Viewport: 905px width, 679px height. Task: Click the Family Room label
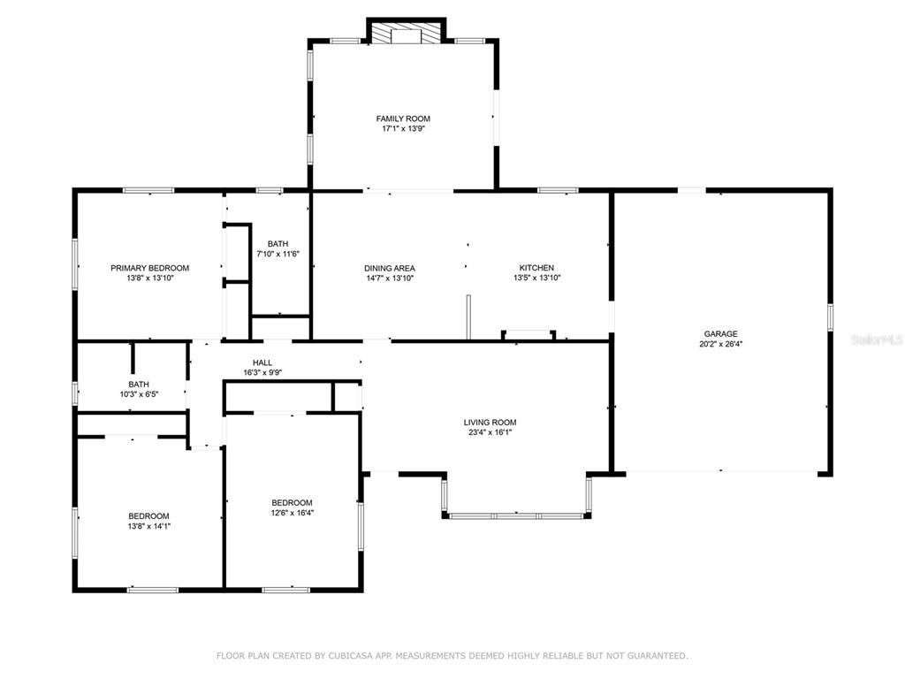click(403, 119)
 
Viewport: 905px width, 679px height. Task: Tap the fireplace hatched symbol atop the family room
click(407, 33)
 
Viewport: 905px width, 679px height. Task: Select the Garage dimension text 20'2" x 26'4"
click(720, 344)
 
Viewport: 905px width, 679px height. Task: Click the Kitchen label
click(536, 268)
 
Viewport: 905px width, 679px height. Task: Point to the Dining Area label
click(390, 269)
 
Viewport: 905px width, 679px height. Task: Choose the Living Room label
click(490, 423)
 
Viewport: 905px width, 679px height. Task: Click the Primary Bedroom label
click(150, 268)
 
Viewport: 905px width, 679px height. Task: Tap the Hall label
click(262, 362)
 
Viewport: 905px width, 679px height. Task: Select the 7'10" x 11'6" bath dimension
click(278, 254)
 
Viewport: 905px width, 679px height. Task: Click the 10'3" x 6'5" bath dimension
click(139, 395)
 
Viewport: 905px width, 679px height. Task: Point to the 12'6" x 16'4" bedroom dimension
click(293, 513)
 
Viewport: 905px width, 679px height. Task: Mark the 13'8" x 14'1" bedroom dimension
click(148, 527)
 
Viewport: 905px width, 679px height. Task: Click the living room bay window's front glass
click(516, 515)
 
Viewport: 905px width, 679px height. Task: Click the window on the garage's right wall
click(830, 317)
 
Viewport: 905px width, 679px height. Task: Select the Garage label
click(720, 333)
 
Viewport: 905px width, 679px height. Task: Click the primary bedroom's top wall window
click(148, 190)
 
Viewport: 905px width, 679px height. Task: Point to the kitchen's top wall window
click(558, 190)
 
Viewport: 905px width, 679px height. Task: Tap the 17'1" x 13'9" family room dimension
click(403, 129)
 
